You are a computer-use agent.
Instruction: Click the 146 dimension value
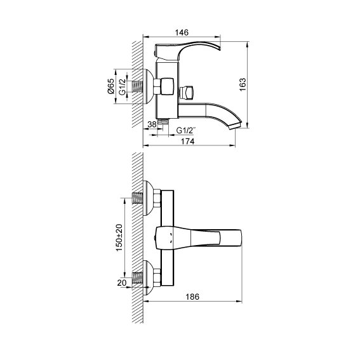pos(182,32)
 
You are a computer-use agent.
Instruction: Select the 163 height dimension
pos(243,84)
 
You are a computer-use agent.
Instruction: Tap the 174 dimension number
pos(188,142)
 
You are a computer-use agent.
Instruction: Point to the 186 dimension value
pos(192,297)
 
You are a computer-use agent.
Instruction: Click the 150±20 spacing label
pos(119,237)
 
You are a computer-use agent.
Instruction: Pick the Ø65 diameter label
pos(111,86)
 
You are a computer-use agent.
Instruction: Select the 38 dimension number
pos(152,124)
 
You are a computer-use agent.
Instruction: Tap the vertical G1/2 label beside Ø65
pos(122,87)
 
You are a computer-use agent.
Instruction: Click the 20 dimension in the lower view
pos(122,283)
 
